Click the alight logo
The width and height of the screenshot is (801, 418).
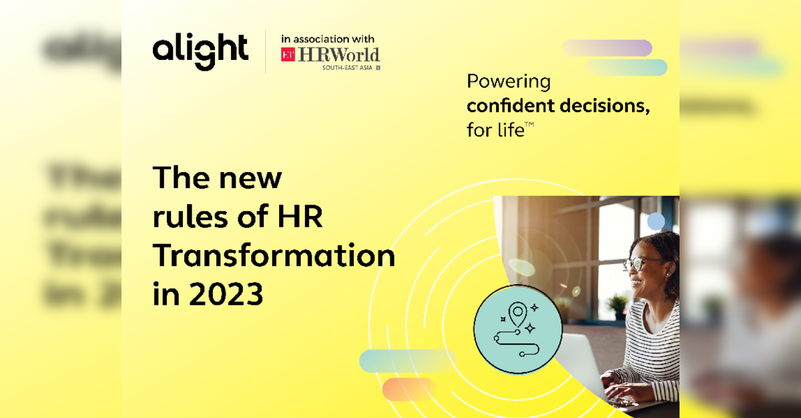click(200, 51)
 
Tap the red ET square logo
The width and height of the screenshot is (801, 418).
click(288, 54)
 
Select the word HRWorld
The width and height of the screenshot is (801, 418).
click(339, 55)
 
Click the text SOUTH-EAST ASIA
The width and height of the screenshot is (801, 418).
click(348, 67)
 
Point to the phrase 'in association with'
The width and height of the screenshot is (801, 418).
click(328, 39)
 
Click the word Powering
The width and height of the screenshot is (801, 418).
click(509, 82)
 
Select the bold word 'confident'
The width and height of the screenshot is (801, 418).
click(511, 105)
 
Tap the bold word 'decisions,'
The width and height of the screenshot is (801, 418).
click(605, 106)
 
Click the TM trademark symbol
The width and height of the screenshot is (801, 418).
click(529, 124)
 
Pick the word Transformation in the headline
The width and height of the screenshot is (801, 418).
click(274, 255)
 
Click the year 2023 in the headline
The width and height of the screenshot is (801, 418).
click(226, 294)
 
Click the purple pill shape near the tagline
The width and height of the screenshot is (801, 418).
click(607, 48)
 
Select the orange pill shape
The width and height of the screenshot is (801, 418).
click(409, 389)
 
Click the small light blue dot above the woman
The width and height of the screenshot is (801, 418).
click(655, 221)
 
